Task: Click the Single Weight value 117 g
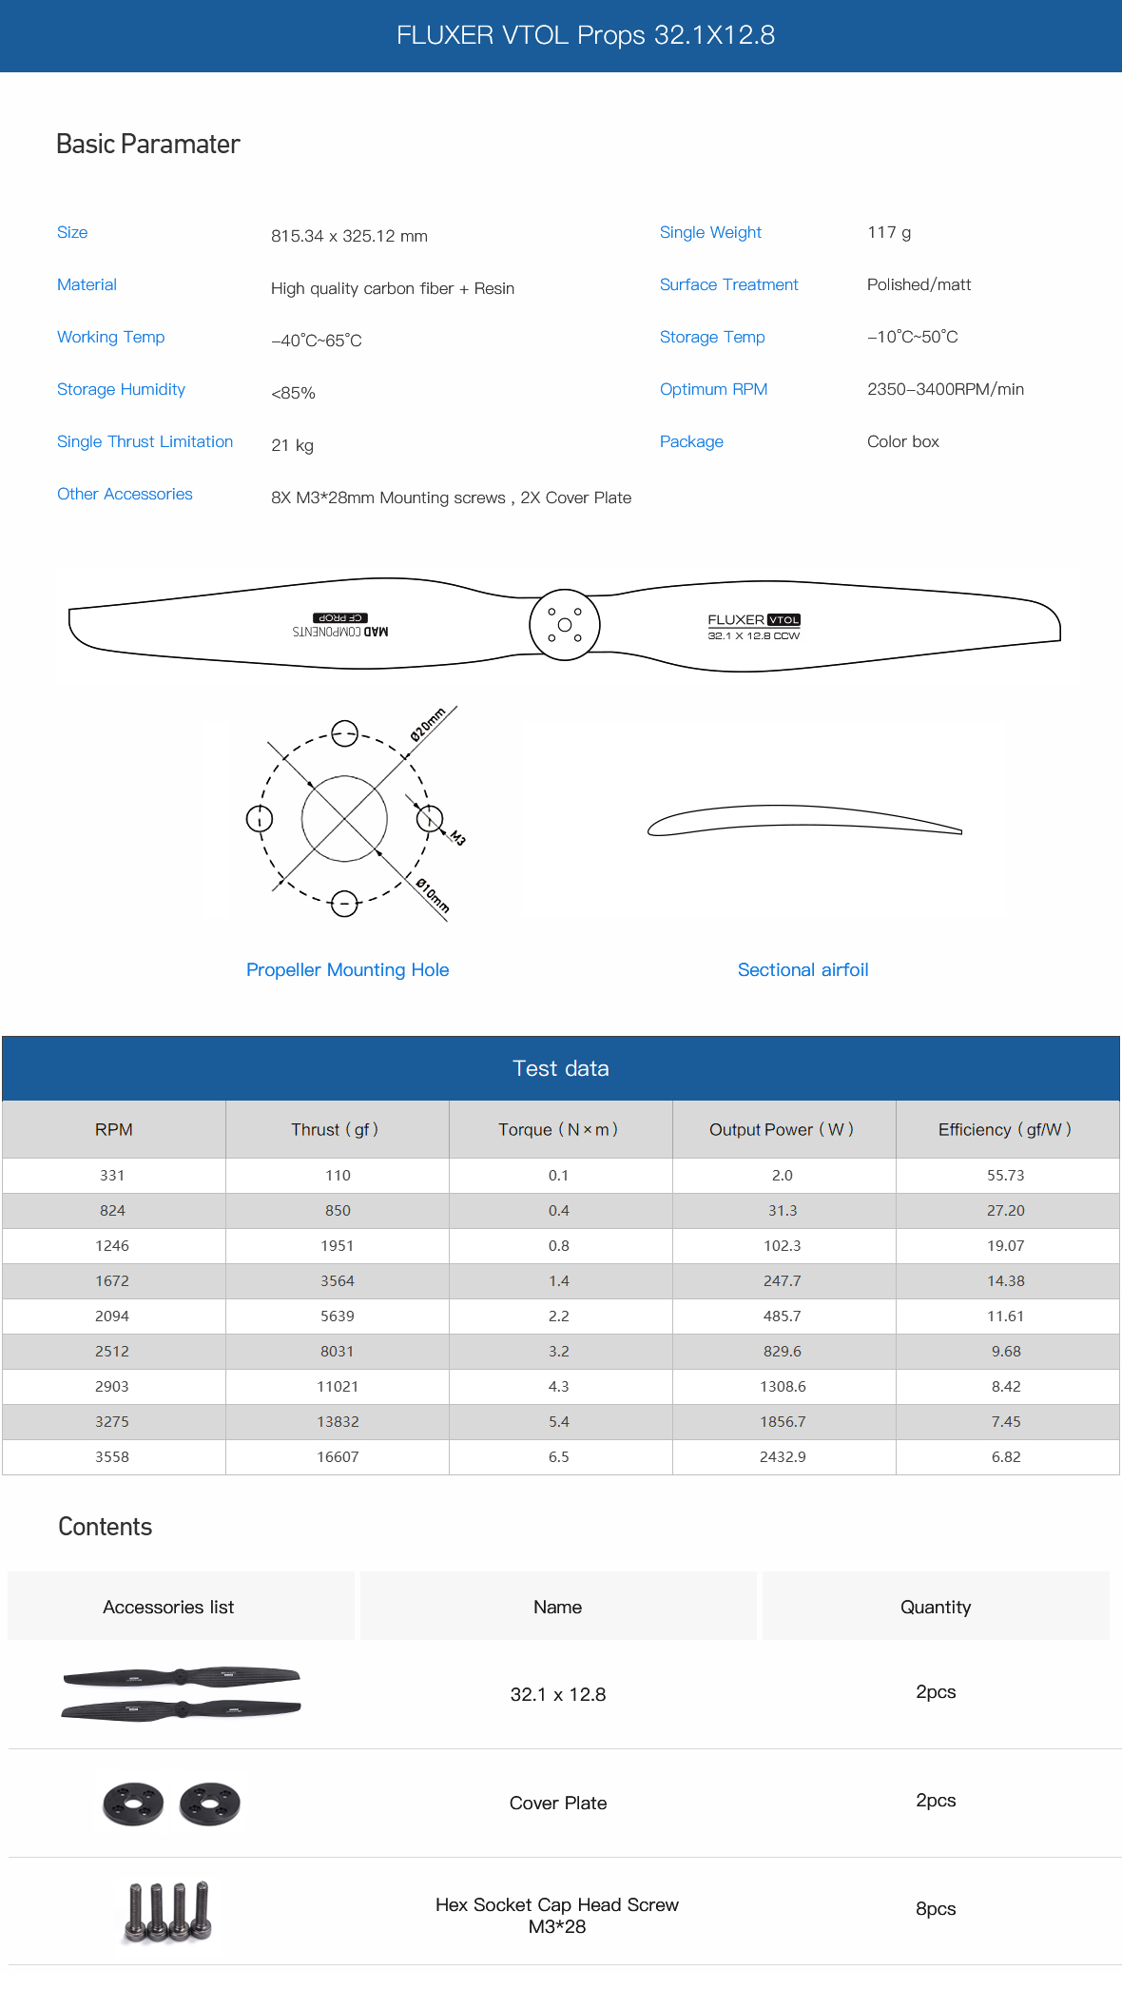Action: [x=889, y=232]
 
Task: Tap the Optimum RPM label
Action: [x=713, y=389]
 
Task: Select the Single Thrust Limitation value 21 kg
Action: [x=292, y=445]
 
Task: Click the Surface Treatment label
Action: [x=728, y=284]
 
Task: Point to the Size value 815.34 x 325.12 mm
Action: [x=349, y=236]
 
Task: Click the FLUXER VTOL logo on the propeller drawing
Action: [x=753, y=620]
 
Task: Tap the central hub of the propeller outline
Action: [x=564, y=625]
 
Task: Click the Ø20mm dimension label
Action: [x=428, y=725]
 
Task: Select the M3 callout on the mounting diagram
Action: [x=457, y=837]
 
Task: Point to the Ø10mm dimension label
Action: [x=433, y=895]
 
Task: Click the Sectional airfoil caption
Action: [x=803, y=969]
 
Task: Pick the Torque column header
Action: [x=558, y=1129]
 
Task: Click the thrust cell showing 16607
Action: [x=338, y=1456]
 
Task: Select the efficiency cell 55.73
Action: [x=1005, y=1175]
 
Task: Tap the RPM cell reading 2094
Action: [x=112, y=1316]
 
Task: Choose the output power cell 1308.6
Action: [x=783, y=1386]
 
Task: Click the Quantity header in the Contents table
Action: [x=935, y=1607]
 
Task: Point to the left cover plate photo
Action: [x=133, y=1804]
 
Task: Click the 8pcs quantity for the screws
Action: [x=935, y=1908]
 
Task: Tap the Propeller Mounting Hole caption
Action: [x=347, y=969]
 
